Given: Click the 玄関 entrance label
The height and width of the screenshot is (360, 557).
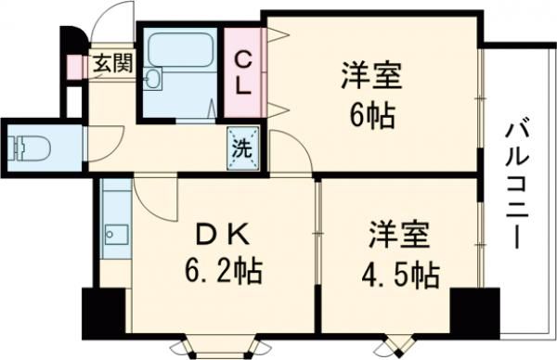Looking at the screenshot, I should [110, 64].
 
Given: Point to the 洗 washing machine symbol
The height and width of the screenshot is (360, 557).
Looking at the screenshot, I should [240, 147].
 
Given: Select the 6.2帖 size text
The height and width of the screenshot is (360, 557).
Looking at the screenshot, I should [222, 273].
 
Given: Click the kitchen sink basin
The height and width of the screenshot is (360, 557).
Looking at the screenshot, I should [113, 234].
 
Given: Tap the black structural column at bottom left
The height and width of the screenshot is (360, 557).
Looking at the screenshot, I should [101, 313].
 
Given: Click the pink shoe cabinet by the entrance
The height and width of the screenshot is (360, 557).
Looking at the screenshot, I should [74, 63].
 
